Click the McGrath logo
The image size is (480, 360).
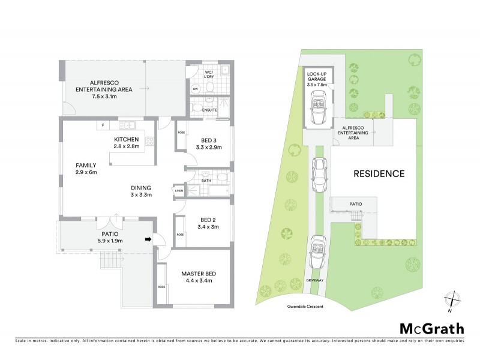[x=432, y=328]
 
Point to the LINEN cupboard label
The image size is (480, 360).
[x=179, y=191]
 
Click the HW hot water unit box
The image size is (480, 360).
[x=195, y=89]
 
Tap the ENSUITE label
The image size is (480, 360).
[x=209, y=110]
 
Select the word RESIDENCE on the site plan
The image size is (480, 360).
[x=378, y=174]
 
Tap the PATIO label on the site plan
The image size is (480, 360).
[x=355, y=204]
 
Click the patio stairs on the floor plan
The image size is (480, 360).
[x=112, y=260]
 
